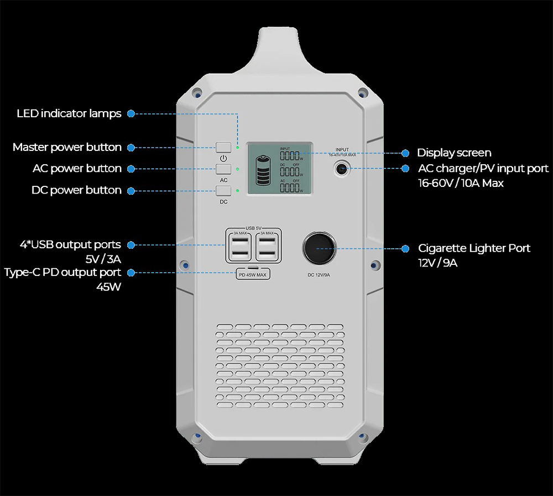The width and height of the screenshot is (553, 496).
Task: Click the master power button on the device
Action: coord(223,147)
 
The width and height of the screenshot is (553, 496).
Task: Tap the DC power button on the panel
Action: coord(223,191)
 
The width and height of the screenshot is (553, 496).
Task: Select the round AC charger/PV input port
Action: coord(342,169)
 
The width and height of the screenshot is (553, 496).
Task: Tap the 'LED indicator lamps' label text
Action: coord(69,113)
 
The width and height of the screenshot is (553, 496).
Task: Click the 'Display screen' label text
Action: coord(454,153)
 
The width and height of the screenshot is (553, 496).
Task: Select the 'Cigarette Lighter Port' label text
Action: coord(474,248)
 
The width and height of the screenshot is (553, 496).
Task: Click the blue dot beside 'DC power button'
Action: coord(131,191)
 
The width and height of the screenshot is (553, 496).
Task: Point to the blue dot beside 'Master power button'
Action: coord(131,148)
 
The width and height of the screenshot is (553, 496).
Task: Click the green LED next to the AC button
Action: coord(237,169)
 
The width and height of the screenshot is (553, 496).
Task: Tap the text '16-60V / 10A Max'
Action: coord(461,183)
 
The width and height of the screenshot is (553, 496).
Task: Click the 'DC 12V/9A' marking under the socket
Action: coord(319,275)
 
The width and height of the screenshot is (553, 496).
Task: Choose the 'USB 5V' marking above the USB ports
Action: coord(253,228)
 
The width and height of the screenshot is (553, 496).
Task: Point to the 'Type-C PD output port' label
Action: coord(62,272)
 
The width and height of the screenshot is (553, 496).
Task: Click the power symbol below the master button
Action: coord(223,158)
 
